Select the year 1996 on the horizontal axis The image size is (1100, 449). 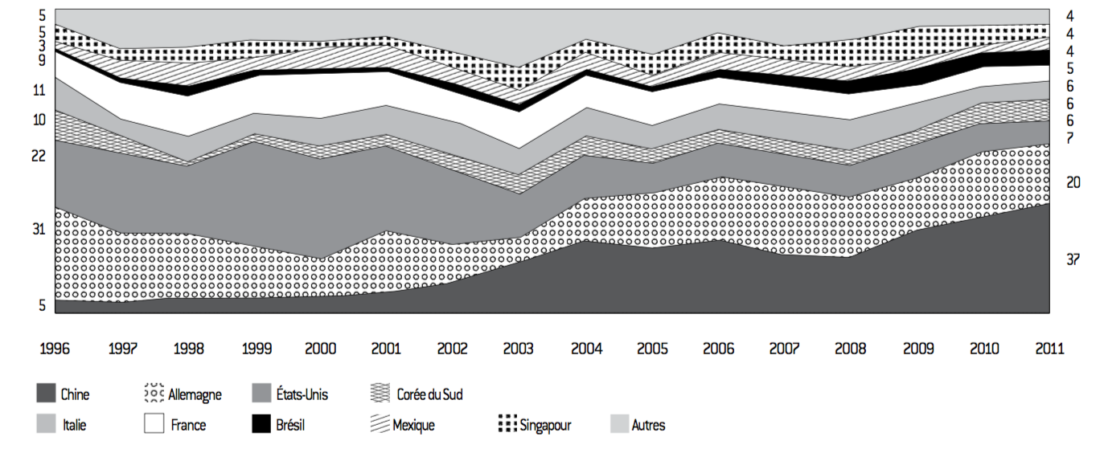(x=55, y=349)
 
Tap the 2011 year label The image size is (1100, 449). (x=1049, y=349)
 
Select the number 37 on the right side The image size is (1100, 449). (x=1073, y=259)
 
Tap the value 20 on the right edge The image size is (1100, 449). (x=1073, y=183)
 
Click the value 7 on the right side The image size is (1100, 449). (x=1070, y=138)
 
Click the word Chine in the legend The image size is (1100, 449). (x=75, y=394)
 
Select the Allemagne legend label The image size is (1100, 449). (x=194, y=394)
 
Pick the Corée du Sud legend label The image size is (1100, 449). (x=429, y=394)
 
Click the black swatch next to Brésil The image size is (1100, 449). (x=261, y=424)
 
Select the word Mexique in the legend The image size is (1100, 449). (x=413, y=425)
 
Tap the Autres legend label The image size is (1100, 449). (x=648, y=425)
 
